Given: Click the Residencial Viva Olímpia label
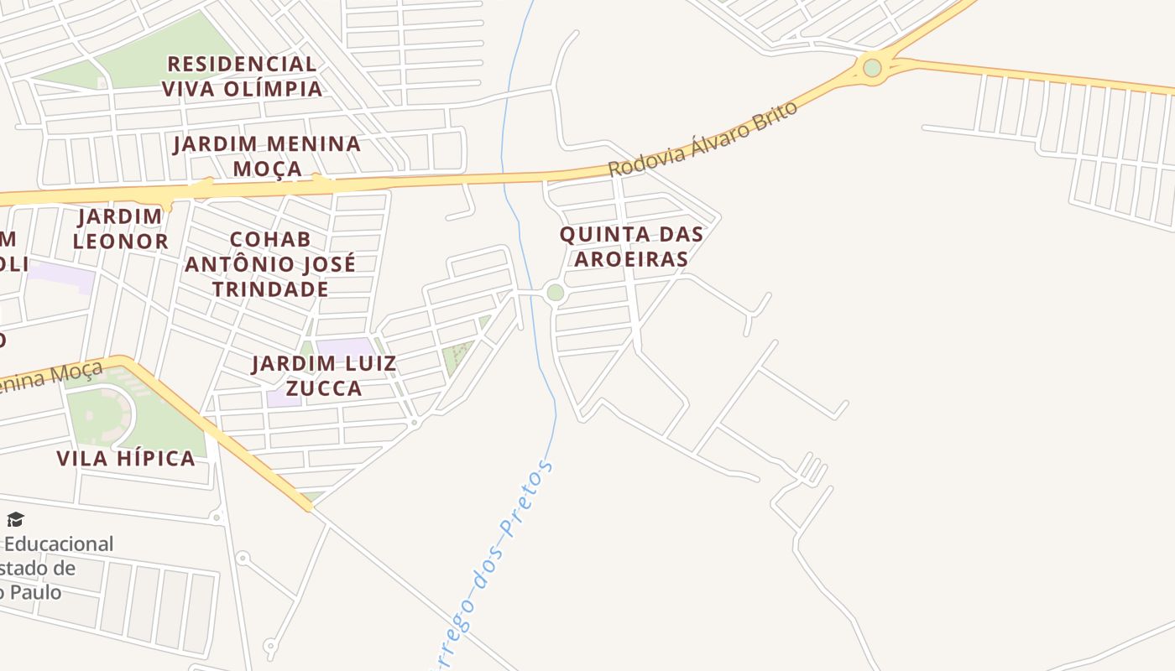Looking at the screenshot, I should coord(242,75).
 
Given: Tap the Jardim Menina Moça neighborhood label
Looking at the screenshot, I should coord(267,156).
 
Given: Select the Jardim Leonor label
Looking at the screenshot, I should coord(120,229).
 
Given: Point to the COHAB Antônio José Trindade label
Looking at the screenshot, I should coord(270,264).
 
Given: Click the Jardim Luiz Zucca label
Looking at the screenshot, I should coord(324,376).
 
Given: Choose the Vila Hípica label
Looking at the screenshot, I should coord(126,458).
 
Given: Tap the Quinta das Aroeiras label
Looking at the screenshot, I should coord(631,246).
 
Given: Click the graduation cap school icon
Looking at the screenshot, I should coord(15,520).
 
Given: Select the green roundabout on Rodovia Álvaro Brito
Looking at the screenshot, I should coord(872,68).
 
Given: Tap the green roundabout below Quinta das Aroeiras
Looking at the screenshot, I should coord(555,293).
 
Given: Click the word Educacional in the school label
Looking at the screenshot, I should coord(59,544).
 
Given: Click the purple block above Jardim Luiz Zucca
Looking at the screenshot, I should coord(344,346).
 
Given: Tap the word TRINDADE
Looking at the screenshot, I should coord(270,289).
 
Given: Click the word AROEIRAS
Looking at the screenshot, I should coord(631,258).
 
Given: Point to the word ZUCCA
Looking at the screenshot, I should coord(324,388).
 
